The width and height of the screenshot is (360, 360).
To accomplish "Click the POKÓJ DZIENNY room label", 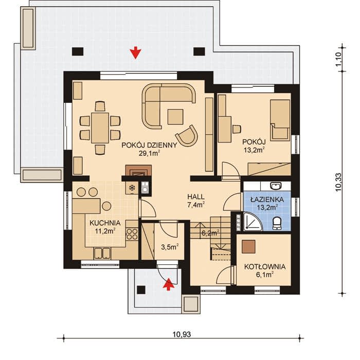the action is (x=149, y=145).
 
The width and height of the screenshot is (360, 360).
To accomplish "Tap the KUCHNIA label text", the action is (x=105, y=223).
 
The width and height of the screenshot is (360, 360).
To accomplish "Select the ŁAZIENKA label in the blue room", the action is (x=267, y=200).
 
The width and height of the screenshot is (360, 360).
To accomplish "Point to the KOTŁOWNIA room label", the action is (x=265, y=267).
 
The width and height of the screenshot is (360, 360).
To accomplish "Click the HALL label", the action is (x=196, y=197).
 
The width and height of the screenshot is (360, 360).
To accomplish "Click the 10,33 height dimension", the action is (x=338, y=182).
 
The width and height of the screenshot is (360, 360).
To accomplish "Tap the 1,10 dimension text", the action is (x=338, y=59).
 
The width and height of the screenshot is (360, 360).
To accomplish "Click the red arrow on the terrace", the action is (x=135, y=52).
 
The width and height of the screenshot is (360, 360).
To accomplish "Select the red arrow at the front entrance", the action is (x=169, y=284).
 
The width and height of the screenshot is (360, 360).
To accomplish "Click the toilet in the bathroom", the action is (x=277, y=223).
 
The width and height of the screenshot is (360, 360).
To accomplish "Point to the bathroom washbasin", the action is (x=276, y=186).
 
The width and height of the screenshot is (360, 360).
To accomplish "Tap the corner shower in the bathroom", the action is (x=251, y=222).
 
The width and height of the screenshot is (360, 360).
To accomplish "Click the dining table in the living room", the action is (x=100, y=128).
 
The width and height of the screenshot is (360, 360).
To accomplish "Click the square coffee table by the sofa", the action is (x=175, y=117).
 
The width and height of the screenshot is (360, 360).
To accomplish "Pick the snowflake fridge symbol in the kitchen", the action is (x=132, y=188).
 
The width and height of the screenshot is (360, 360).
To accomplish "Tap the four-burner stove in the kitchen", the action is (x=132, y=233).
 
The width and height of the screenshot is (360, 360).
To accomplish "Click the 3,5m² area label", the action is (x=170, y=247).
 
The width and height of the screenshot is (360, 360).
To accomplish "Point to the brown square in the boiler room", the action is (x=248, y=247).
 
